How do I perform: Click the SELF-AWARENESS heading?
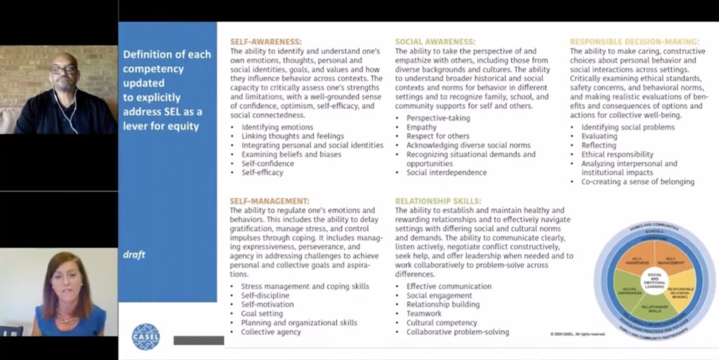pos(265,42)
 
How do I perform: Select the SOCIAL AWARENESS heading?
pos(435,42)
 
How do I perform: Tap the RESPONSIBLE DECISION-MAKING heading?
pos(634,42)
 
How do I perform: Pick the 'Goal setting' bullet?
pos(262,314)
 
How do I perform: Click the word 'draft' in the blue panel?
pos(134,255)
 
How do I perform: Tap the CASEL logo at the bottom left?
pos(146,336)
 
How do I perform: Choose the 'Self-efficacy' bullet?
pos(262,172)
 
